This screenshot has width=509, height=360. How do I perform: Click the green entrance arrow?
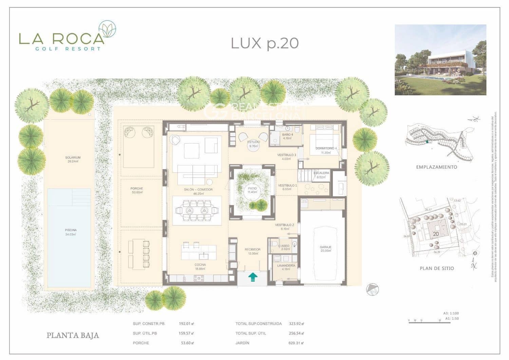coord(252,277)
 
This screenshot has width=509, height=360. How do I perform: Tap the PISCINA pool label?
coord(71,230)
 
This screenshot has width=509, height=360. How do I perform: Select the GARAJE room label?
coord(325,247)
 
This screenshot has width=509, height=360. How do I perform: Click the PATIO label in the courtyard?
coord(252,188)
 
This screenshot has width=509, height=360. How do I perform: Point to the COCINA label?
coord(200,265)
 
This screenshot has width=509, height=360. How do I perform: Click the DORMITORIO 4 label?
coord(326,148)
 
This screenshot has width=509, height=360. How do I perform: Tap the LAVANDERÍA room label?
coord(286,265)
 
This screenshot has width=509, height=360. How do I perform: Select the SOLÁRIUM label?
coord(73,157)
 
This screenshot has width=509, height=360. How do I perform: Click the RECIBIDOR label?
coord(252,249)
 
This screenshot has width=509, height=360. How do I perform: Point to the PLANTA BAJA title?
coord(73,336)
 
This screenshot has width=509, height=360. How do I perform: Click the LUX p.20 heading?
coord(265,43)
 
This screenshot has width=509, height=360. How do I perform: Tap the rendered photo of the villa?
coord(440,60)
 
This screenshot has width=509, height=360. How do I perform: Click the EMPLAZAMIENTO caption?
coord(436,167)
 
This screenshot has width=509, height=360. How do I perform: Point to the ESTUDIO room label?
coord(253,142)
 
